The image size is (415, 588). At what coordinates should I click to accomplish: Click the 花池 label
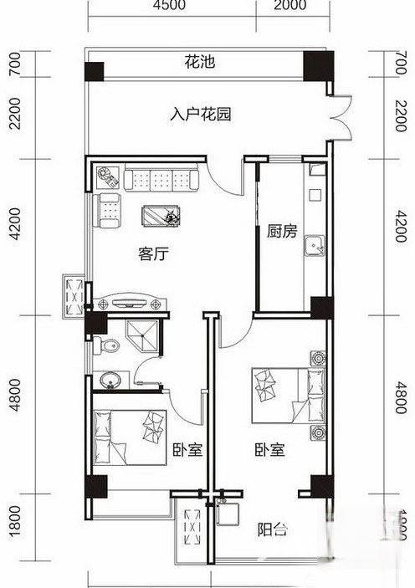(x=198, y=62)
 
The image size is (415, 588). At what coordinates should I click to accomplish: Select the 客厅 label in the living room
(x=153, y=253)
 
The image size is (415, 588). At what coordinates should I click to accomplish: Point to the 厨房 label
(x=282, y=232)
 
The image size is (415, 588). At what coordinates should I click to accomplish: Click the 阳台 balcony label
(x=274, y=528)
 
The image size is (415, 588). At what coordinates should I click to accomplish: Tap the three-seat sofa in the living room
(x=161, y=178)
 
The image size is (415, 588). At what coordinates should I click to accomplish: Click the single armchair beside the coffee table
(x=108, y=210)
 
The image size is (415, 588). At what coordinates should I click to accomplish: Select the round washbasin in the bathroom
(x=110, y=381)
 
